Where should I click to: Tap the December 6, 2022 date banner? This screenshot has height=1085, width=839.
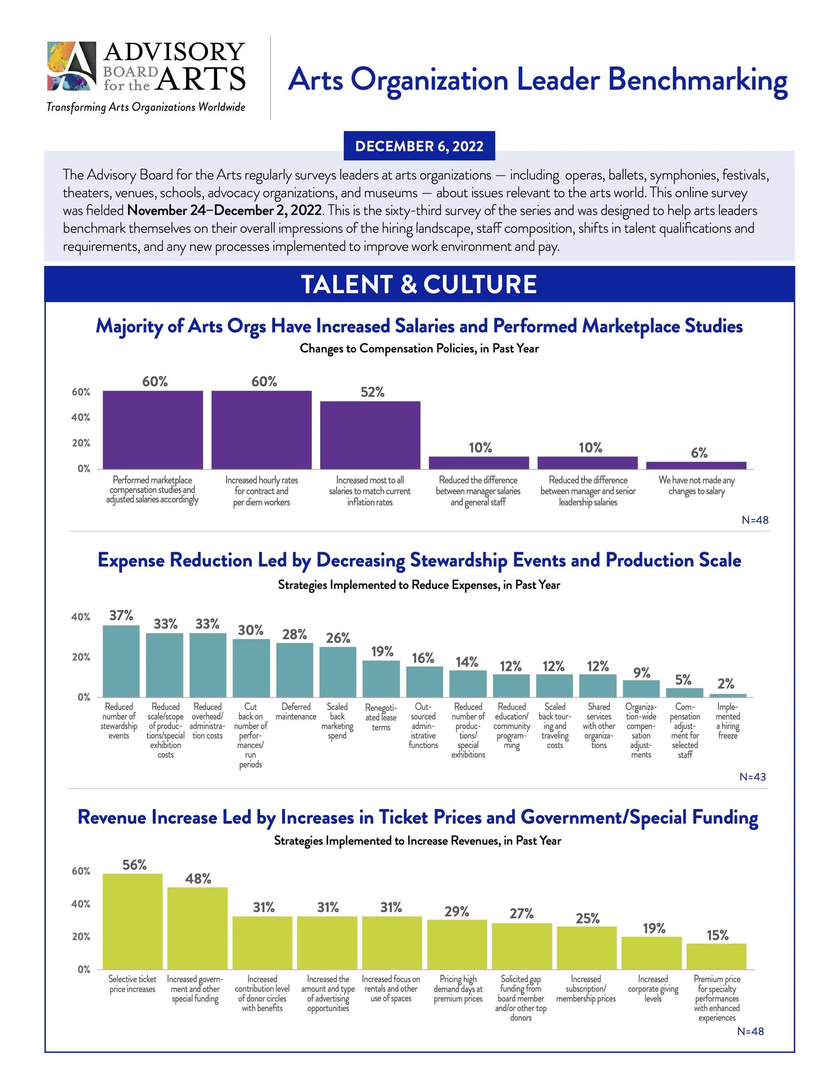(419, 146)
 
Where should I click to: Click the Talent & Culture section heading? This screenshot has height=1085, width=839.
(419, 284)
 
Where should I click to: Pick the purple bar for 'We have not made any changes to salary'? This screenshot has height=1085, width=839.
(696, 466)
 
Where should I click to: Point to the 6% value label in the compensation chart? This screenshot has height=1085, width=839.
(699, 452)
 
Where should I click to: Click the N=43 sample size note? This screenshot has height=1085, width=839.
(752, 776)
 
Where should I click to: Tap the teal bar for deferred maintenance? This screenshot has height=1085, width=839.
(294, 670)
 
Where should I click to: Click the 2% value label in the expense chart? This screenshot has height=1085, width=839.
(726, 684)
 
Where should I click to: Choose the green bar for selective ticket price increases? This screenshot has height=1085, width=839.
(133, 921)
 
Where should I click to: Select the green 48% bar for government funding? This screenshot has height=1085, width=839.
(197, 928)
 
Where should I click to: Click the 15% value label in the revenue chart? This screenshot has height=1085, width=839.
(717, 935)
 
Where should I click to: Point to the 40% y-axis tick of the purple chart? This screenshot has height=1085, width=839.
(81, 417)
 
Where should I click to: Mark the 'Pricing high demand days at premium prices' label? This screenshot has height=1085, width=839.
(458, 989)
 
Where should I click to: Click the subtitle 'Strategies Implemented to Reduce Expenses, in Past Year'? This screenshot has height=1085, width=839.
(419, 585)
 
